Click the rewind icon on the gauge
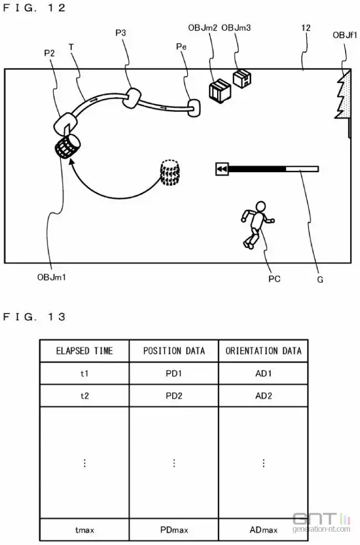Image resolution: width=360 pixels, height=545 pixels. coord(222,169)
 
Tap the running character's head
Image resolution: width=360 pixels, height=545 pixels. coord(260,207)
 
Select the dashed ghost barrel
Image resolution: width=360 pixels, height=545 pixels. coord(169,173)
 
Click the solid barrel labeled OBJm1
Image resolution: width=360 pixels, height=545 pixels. coord(68,146)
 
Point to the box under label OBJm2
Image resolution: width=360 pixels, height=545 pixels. coord(220,91)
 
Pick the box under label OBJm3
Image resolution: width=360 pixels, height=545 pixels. coord(242,78)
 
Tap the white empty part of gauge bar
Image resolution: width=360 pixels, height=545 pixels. coord(302,169)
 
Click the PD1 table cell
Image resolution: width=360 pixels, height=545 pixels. coord(174,373)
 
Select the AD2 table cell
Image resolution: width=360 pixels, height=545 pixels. coord(264,395)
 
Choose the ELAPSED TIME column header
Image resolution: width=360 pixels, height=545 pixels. coord(84,351)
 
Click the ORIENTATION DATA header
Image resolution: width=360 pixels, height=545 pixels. coord(264,351)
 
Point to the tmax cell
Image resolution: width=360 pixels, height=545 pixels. coord(84,529)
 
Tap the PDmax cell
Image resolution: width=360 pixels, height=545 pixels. coord(174,529)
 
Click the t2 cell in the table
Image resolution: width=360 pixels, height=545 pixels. coord(84,395)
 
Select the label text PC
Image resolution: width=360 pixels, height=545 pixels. coord(274,279)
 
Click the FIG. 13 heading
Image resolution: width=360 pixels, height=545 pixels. coord(34,317)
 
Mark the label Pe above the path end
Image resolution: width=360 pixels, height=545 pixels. coord(181,47)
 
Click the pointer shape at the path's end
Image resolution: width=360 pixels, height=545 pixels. coord(194,108)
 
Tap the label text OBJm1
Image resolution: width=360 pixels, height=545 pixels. coord(52,277)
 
